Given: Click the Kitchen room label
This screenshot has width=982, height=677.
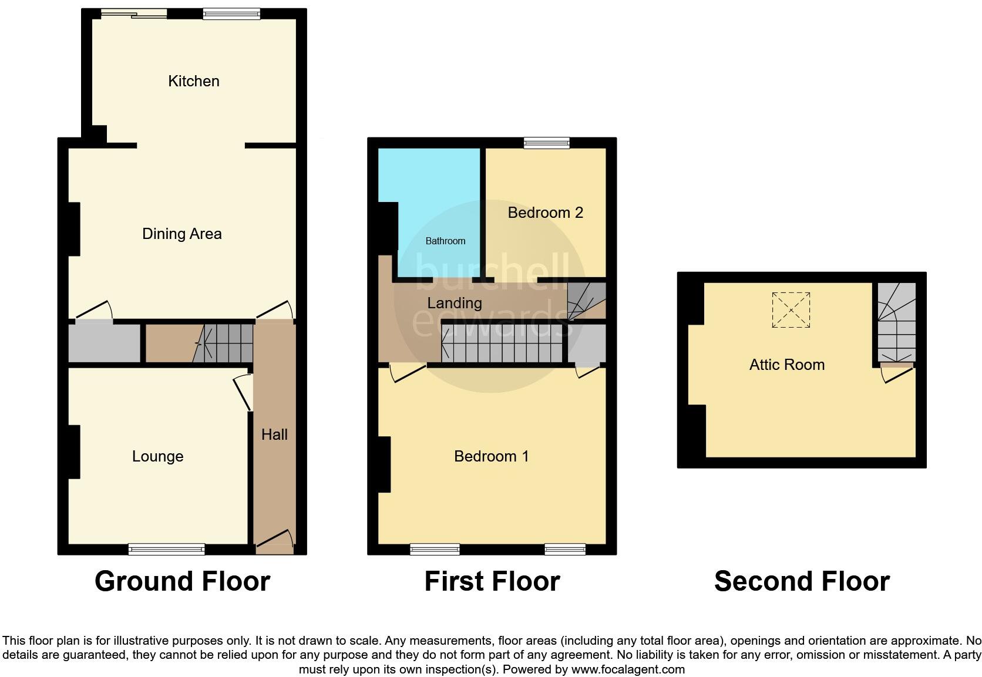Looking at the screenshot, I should coord(194,81).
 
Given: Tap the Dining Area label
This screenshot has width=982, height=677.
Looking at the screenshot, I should coord(182,234).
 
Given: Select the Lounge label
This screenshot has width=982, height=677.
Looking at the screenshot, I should coord(157,456).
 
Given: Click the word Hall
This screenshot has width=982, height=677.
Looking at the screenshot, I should coord(274,435).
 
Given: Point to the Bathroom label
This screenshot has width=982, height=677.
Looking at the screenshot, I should coord(445,241).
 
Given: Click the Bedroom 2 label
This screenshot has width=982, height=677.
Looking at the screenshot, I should coord(545,213).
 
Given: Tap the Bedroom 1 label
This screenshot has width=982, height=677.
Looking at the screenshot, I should coord(491,456).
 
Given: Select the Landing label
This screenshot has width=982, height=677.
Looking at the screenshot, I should coord(454,303).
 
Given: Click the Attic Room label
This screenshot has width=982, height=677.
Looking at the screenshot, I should coord(786,365).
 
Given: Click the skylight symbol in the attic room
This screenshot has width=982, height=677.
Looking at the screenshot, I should coord(791,309).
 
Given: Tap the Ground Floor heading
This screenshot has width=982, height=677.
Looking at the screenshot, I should coord(182,581).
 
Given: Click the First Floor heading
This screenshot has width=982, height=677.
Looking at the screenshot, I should coord(492,581).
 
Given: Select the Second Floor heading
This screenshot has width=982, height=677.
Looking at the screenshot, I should coord(802,581).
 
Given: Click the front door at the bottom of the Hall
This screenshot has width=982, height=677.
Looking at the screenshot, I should coord(274,541).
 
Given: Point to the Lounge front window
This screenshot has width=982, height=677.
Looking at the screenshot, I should coord(167,550).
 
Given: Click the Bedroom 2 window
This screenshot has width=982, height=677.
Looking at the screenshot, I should coord(547,143).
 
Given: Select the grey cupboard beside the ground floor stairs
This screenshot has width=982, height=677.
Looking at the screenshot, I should coord(105,343).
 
